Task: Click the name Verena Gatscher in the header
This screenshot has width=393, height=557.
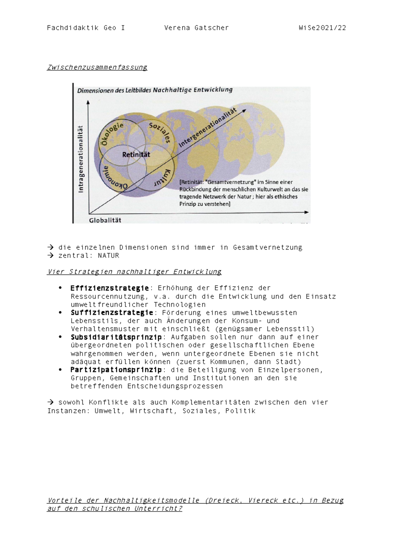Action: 196,28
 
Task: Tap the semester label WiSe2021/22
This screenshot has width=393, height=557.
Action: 322,28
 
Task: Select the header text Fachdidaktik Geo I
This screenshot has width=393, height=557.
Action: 86,28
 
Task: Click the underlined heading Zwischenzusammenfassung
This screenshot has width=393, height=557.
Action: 97,67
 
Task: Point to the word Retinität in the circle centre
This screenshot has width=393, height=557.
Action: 136,155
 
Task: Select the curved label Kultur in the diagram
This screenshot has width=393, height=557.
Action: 163,178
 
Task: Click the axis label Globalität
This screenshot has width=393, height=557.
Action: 105,220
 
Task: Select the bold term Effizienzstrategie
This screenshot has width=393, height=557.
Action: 110,288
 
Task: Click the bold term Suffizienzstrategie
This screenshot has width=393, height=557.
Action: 112,313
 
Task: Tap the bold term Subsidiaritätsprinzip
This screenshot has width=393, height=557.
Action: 116,337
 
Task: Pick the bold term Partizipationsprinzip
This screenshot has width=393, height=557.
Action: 116,370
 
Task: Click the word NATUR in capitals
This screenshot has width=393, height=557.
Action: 108,256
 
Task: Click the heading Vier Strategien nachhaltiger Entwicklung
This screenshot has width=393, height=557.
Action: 134,272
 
